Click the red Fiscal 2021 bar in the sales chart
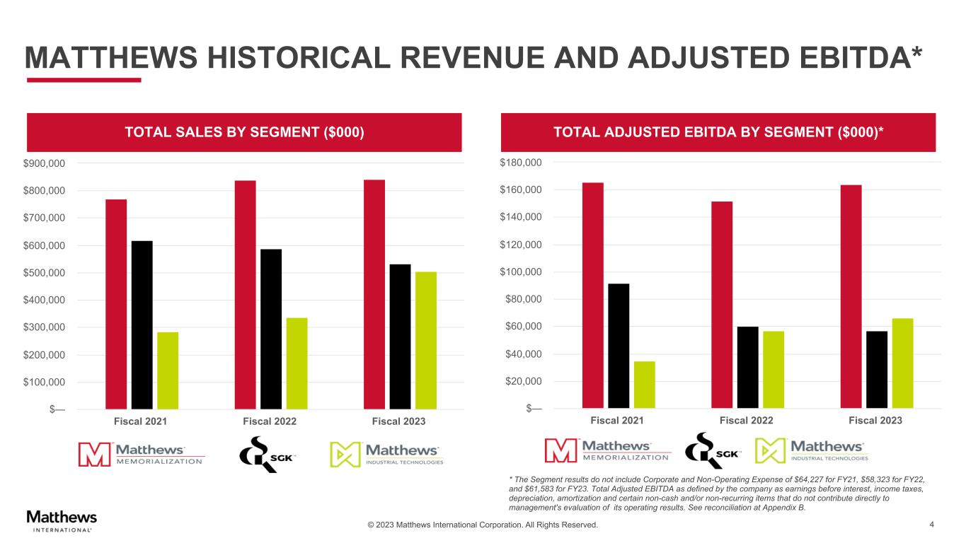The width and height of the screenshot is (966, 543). pyautogui.click(x=116, y=304)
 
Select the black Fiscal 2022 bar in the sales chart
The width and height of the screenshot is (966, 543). pyautogui.click(x=271, y=329)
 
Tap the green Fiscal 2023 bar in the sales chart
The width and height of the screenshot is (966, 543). pyautogui.click(x=426, y=340)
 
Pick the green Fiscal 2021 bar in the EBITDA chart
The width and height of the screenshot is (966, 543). pyautogui.click(x=644, y=385)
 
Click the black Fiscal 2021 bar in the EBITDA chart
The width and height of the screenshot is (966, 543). pyautogui.click(x=619, y=346)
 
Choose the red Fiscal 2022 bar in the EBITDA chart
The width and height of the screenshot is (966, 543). pyautogui.click(x=722, y=305)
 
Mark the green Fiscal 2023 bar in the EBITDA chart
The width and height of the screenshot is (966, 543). pyautogui.click(x=902, y=363)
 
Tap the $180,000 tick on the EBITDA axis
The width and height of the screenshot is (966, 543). pyautogui.click(x=522, y=163)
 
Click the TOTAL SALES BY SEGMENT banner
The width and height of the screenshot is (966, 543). pyautogui.click(x=244, y=132)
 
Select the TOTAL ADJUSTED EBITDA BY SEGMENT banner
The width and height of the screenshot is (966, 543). pyautogui.click(x=718, y=132)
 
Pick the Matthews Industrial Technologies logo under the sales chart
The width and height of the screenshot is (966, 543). pyautogui.click(x=386, y=454)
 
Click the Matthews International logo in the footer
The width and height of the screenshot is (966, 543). pyautogui.click(x=62, y=520)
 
